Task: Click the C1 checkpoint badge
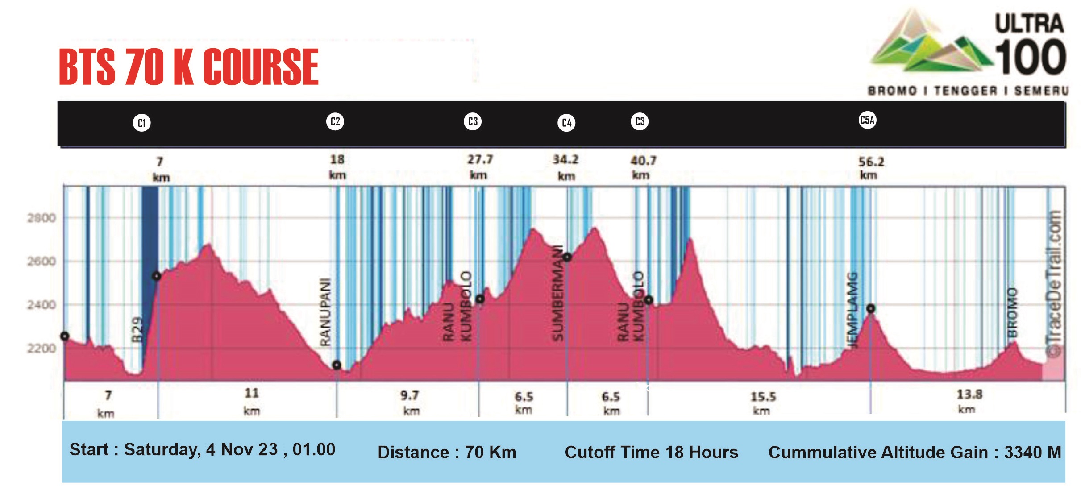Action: coord(141,123)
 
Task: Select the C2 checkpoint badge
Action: coord(335,121)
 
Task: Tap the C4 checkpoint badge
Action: coord(566,123)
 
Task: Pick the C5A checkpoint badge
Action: coord(867,120)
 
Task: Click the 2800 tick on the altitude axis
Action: coord(42,218)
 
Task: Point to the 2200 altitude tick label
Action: coord(42,348)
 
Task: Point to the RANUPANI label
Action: coord(326,312)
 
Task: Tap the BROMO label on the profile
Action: coord(1012,312)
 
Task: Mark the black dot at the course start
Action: coord(65,336)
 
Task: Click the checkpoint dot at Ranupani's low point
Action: coord(337,365)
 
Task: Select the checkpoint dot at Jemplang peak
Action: coord(871,308)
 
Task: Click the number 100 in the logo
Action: coord(1031,57)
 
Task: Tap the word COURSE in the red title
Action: coord(261,67)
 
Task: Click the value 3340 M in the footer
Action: coord(1032,453)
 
